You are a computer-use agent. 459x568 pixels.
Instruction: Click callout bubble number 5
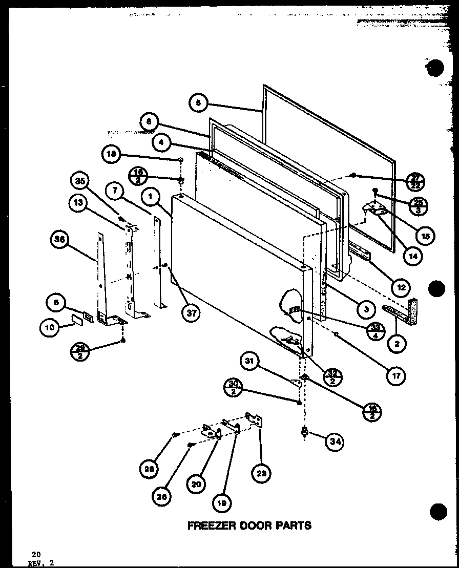(198, 103)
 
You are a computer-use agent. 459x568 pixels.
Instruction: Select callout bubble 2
(397, 345)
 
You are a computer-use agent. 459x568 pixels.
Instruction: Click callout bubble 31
(250, 363)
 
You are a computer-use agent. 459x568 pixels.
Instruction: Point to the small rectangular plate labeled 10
(77, 320)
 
